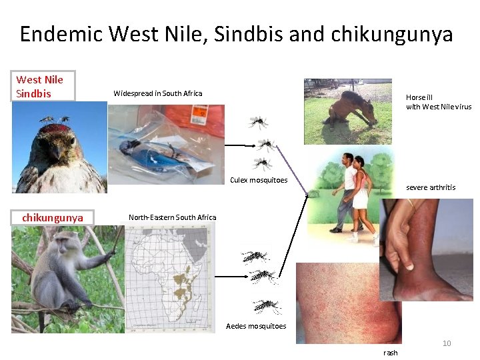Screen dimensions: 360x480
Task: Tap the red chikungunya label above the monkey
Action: pos(53,218)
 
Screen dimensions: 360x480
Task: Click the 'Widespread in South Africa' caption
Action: pos(157,93)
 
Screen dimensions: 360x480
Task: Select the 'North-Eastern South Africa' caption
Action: pos(172,217)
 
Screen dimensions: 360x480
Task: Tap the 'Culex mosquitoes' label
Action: pos(259,180)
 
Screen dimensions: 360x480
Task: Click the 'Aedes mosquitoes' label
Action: pos(256,326)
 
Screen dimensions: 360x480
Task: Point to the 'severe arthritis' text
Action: pos(431,187)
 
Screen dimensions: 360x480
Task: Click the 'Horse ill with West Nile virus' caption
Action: pos(438,102)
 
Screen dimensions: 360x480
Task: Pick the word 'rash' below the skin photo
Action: pos(391,353)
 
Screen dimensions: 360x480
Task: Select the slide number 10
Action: pos(447,343)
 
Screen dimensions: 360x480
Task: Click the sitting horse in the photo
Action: pos(350,109)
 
